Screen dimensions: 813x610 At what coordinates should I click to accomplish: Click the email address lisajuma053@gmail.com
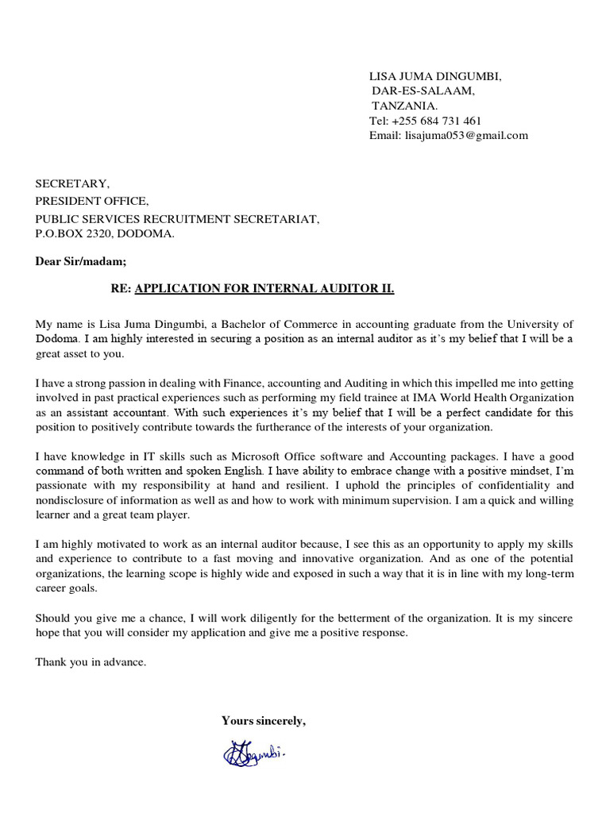[466, 135]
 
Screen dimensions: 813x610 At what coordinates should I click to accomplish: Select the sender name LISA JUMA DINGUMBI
[435, 76]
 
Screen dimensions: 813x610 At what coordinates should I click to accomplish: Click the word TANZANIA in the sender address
[404, 106]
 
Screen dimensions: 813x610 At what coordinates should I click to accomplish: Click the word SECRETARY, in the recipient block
[72, 184]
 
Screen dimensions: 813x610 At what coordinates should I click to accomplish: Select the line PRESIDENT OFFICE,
[91, 201]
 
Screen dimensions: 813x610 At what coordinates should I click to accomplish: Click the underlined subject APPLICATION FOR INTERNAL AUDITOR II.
[264, 289]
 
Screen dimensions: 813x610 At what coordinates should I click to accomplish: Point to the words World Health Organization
[508, 397]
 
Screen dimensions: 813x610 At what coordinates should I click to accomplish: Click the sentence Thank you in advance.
[91, 662]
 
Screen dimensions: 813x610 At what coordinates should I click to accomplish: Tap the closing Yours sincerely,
[263, 721]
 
